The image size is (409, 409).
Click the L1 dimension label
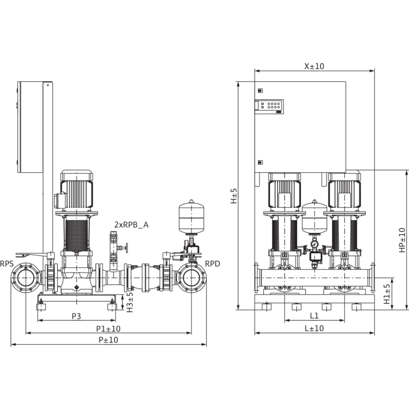point(314,316)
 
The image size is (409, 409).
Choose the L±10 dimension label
point(314,328)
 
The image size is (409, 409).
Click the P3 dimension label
point(77,316)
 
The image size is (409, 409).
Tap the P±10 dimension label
point(108,339)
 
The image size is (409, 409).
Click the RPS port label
point(7,263)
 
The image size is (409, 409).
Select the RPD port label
point(213,263)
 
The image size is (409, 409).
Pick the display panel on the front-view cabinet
point(271,106)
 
